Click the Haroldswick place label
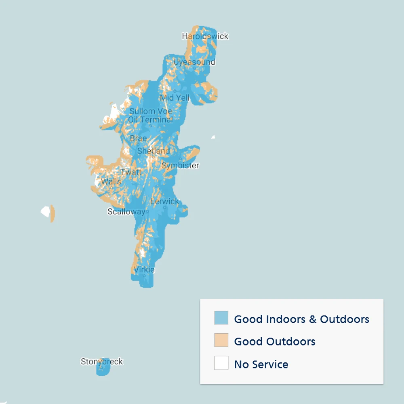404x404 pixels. (205, 36)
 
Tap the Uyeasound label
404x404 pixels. (194, 62)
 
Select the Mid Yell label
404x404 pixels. (175, 98)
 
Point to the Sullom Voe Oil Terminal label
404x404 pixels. (151, 115)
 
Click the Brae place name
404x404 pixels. (138, 139)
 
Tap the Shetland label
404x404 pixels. (154, 151)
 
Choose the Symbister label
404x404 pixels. (180, 166)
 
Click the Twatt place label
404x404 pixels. (131, 172)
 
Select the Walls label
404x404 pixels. (111, 181)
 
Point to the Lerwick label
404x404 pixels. (164, 201)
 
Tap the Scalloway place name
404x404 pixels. (126, 212)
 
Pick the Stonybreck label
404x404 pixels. (102, 362)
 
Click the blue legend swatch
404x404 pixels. (221, 318)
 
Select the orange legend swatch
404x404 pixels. (221, 340)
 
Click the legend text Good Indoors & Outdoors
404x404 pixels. (301, 319)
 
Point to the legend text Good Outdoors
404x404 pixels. (275, 341)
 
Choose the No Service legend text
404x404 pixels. (261, 364)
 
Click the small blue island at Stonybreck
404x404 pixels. (103, 368)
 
